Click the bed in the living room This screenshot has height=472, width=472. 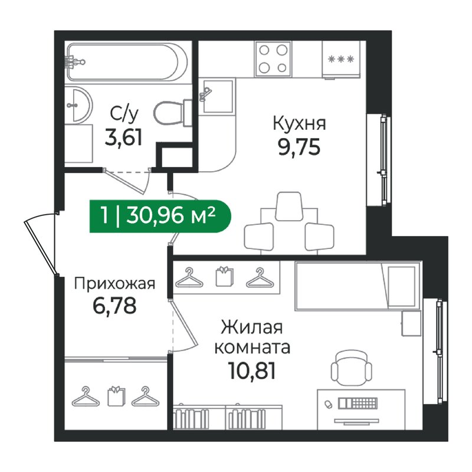[x=356, y=285]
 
